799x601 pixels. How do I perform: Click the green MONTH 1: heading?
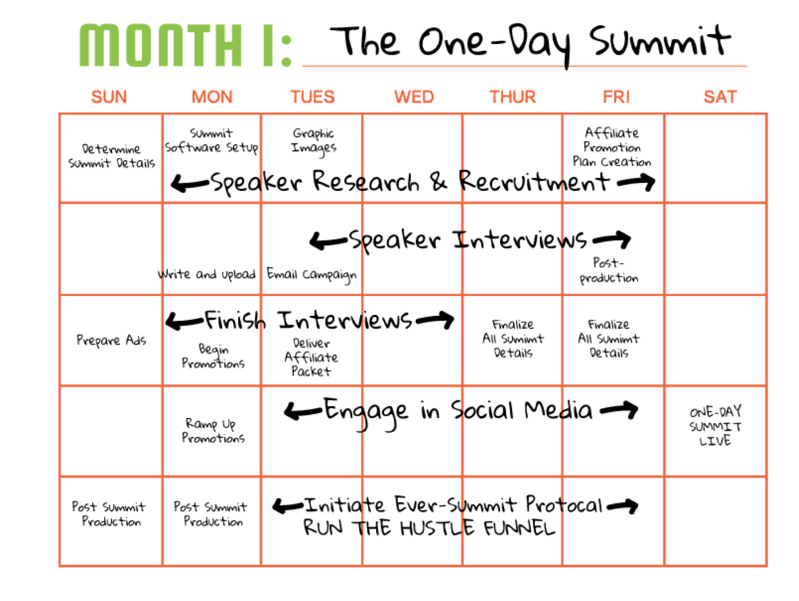point(185,45)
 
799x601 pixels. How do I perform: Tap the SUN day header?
point(109,97)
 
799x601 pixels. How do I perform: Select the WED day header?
point(414,97)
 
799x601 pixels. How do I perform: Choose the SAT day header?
point(719,97)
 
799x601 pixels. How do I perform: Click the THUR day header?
point(513,97)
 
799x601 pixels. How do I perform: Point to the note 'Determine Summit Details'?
point(111,156)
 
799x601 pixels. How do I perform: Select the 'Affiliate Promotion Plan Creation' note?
point(611,147)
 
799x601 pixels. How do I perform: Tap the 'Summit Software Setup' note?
point(211,141)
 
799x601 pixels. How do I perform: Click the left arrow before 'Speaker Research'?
point(190,182)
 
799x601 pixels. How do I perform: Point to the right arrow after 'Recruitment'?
point(635,182)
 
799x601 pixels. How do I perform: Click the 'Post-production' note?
point(609,270)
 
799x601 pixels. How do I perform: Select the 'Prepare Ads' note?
point(111,340)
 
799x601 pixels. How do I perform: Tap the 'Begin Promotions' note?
point(213,356)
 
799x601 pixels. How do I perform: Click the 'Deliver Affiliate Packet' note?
point(311,357)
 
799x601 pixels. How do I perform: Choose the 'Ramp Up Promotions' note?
point(213,431)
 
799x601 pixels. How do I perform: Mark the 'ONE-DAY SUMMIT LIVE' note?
point(715,425)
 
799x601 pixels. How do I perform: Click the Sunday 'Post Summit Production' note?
point(109,514)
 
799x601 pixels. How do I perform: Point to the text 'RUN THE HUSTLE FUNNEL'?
point(429,528)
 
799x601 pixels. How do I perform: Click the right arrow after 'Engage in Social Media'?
point(618,410)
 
